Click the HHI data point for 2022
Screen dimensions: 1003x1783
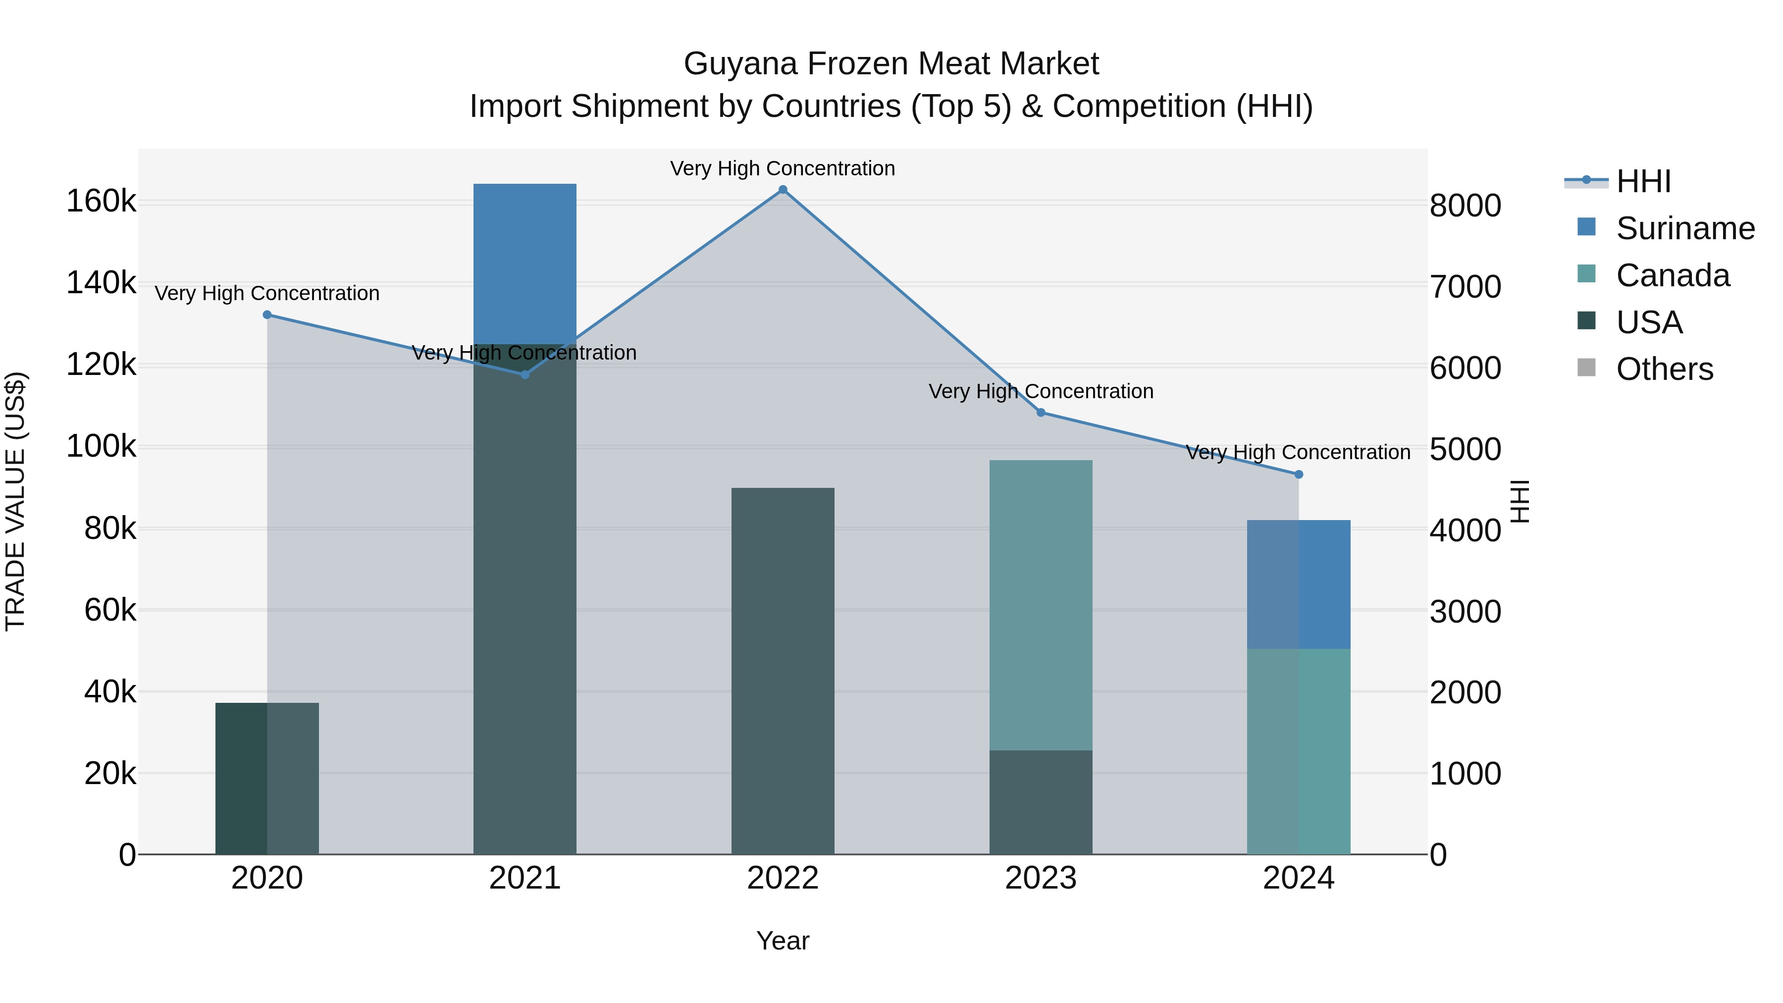pos(783,190)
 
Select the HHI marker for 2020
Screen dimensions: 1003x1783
pos(267,315)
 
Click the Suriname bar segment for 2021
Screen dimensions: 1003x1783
pos(524,263)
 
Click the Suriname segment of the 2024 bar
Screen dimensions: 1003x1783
pos(1299,584)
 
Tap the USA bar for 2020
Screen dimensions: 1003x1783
pos(267,778)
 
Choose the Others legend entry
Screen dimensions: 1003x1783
pos(1664,370)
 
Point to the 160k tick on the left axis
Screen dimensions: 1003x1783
pos(101,202)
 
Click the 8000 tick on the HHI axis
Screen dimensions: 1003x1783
pos(1466,206)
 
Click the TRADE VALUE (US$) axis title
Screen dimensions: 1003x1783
pos(15,501)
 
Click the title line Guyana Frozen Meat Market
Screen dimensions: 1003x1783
pos(891,64)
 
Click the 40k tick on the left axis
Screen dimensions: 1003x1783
pos(110,691)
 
